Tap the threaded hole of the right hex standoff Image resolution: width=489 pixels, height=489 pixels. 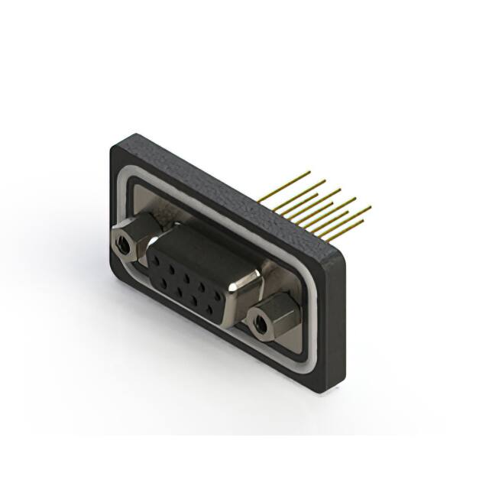point(261,324)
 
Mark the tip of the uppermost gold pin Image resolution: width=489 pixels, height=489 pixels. point(309,172)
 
